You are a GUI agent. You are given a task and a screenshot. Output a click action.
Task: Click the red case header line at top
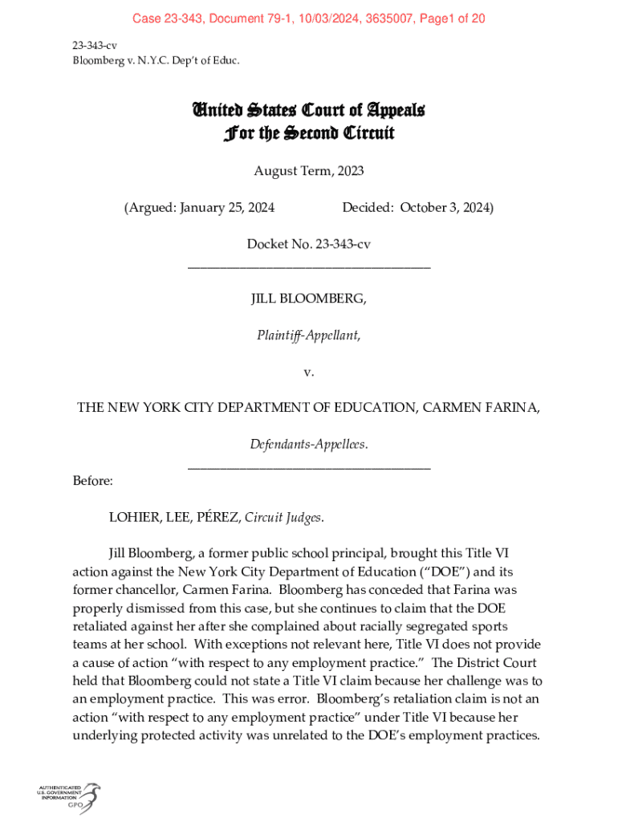[308, 18]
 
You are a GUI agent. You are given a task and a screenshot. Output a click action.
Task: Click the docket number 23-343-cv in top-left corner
[95, 46]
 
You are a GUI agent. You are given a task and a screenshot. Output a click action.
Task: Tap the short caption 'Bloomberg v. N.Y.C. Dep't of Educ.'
[156, 60]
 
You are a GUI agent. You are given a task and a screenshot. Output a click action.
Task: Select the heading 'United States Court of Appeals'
[308, 110]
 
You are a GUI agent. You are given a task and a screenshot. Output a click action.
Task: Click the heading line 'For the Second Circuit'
[308, 132]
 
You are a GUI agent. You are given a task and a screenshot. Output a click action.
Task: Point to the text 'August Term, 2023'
[308, 171]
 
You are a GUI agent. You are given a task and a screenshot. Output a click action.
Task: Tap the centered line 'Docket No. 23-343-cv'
[308, 243]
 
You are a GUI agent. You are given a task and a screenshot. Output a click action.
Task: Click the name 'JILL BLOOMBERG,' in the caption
[308, 299]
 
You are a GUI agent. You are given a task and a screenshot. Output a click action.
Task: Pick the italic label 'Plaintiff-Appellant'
[307, 336]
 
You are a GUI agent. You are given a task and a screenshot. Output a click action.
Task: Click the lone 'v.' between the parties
[308, 372]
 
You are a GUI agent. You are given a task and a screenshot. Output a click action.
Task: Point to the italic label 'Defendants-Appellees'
[307, 444]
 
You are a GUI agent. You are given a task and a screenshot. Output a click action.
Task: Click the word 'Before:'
[92, 481]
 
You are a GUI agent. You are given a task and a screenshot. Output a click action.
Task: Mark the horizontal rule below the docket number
[308, 267]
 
